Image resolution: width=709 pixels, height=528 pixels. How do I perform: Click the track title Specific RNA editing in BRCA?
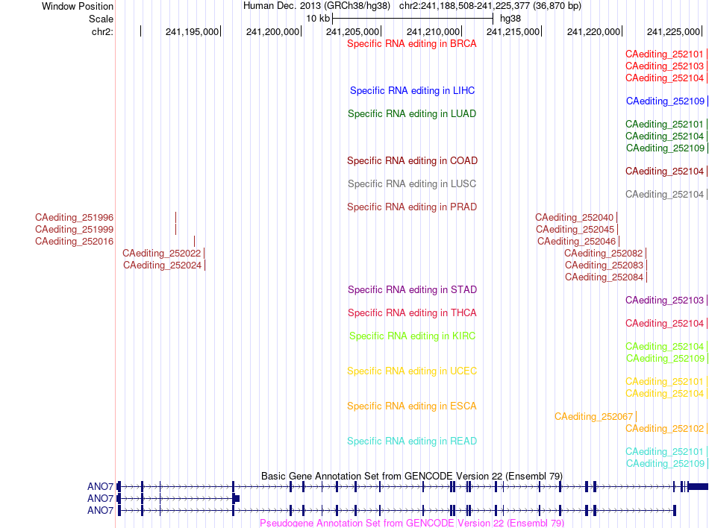pos(411,44)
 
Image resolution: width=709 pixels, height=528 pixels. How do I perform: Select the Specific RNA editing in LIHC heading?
pos(413,91)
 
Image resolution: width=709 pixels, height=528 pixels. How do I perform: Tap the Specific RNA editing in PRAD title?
pos(412,207)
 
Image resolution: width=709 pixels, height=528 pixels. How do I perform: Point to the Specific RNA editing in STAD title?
pos(412,289)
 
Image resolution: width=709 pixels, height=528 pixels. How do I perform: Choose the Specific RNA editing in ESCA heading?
pos(412,406)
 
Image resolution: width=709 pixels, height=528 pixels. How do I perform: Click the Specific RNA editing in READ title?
pos(412,441)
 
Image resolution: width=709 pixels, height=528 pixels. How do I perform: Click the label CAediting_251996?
pos(74,218)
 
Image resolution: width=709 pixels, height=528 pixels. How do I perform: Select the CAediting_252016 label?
pos(74,242)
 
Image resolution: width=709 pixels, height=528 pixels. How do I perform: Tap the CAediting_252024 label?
pos(163,265)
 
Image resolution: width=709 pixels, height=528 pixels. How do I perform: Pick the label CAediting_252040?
pos(574,218)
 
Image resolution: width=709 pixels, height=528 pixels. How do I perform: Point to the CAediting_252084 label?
pos(604,277)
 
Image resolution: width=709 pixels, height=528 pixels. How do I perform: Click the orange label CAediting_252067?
pos(594,417)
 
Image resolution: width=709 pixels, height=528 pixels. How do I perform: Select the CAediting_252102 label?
pos(665,429)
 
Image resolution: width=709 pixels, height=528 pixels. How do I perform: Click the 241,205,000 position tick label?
pos(353,32)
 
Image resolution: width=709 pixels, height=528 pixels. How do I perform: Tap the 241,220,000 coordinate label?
pos(594,32)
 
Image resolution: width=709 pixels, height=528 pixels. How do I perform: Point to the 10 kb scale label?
pos(318,19)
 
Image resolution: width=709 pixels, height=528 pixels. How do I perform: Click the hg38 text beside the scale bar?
pos(510,19)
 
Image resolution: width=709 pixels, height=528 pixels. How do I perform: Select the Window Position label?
pos(78,6)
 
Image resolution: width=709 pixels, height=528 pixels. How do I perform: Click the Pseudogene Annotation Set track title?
pos(411,523)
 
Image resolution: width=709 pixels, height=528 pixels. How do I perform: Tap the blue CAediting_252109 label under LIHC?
pos(665,101)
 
